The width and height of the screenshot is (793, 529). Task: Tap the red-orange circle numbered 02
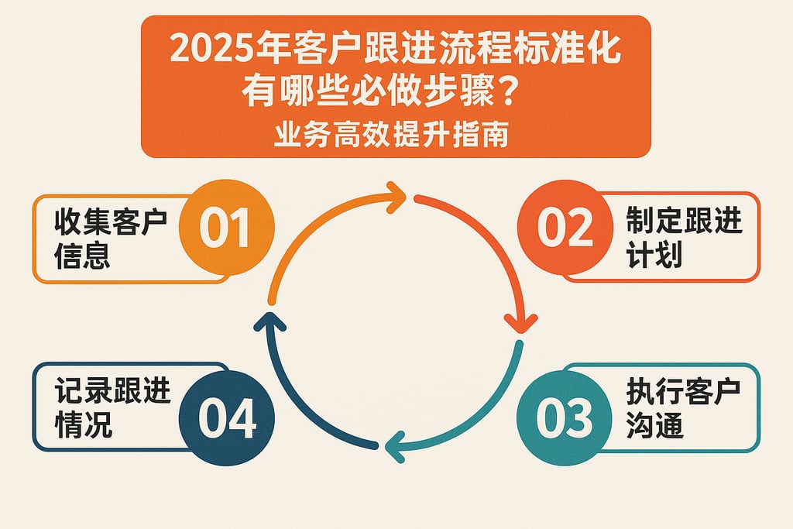[x=563, y=226]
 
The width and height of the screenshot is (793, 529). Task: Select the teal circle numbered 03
[x=563, y=418]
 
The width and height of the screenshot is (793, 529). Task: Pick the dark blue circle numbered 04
[x=225, y=418]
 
